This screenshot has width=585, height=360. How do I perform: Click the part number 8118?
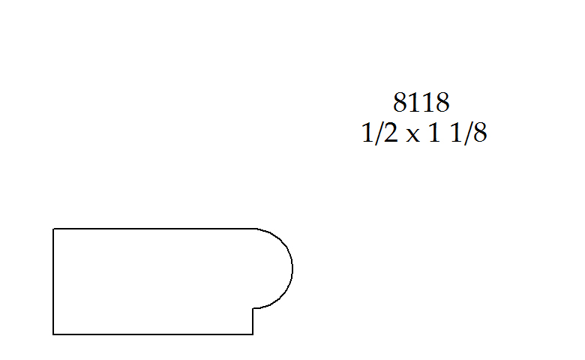(x=421, y=102)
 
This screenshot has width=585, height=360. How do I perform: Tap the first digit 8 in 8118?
(x=400, y=102)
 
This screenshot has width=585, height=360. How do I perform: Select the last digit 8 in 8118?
(x=442, y=102)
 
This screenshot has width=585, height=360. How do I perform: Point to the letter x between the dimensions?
(x=412, y=136)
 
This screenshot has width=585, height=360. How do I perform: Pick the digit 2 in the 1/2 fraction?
(x=391, y=133)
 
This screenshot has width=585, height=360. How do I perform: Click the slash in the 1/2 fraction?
(x=379, y=133)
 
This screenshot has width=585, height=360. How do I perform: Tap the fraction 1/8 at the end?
(x=469, y=133)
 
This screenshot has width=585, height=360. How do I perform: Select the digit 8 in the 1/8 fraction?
(x=480, y=133)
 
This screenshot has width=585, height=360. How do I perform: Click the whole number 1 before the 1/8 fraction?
(x=434, y=133)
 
